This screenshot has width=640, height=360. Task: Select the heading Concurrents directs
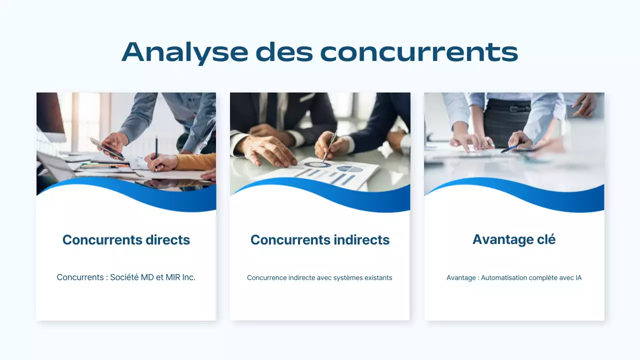126,240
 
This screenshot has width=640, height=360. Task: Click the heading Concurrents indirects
320,240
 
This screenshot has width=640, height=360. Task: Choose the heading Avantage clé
514,239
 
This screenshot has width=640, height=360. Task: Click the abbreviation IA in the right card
578,277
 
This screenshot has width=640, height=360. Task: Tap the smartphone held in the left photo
107,148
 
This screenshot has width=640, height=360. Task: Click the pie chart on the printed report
349,169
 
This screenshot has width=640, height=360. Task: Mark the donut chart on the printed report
317,164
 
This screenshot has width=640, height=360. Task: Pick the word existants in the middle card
377,277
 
